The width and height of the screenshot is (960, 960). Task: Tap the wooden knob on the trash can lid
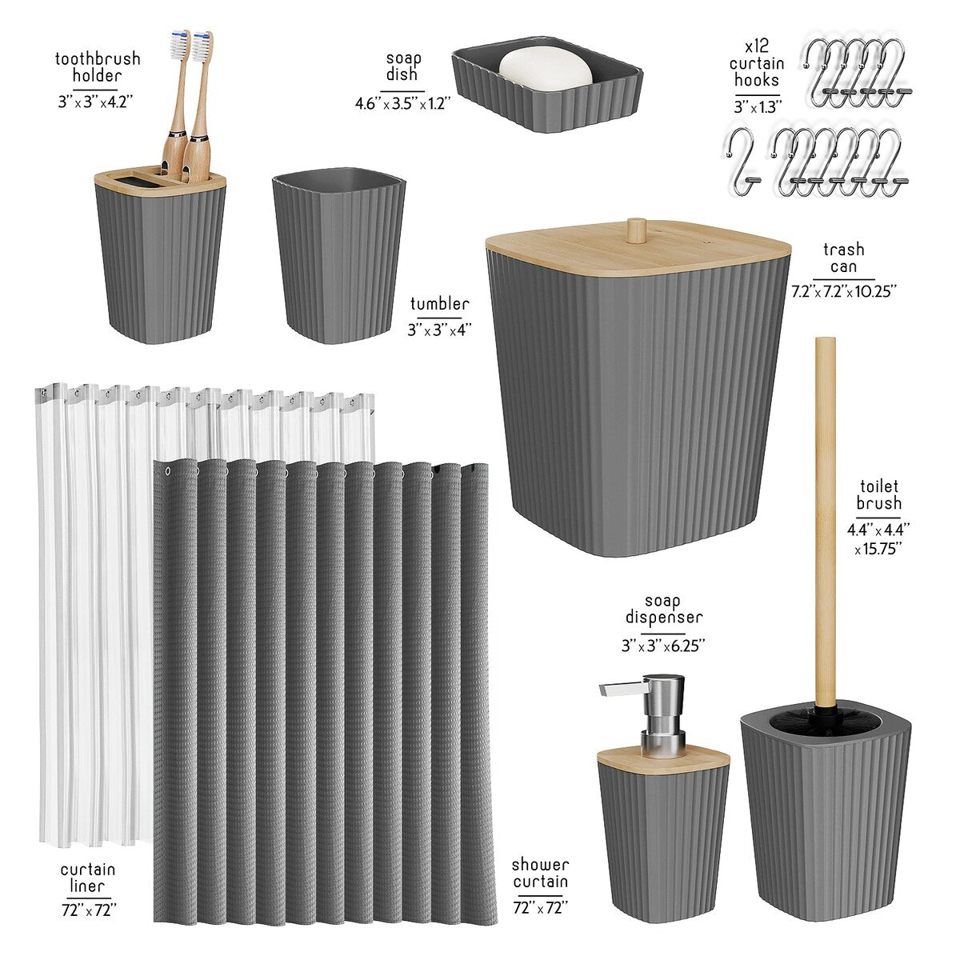[x=637, y=230]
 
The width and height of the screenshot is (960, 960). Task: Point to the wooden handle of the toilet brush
[x=824, y=520]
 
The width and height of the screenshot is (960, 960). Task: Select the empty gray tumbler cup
[x=338, y=256]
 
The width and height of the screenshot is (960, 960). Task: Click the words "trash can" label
[x=843, y=258]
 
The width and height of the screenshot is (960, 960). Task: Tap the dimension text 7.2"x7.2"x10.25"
[x=843, y=292]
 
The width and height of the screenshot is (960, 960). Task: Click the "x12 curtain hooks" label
[x=756, y=62]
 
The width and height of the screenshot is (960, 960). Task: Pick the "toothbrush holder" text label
[x=98, y=67]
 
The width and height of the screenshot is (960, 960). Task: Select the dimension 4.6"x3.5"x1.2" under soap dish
[x=403, y=103]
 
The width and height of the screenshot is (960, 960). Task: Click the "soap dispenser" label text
[x=664, y=609]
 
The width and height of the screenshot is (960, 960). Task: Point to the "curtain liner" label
[x=88, y=878]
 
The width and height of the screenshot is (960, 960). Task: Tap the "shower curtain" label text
[x=541, y=873]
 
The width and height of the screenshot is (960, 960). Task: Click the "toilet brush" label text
[x=878, y=494]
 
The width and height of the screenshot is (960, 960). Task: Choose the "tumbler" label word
[x=439, y=304]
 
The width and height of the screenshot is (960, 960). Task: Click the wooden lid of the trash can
[x=638, y=251]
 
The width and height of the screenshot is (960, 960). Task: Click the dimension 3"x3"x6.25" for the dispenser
[x=664, y=645]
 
